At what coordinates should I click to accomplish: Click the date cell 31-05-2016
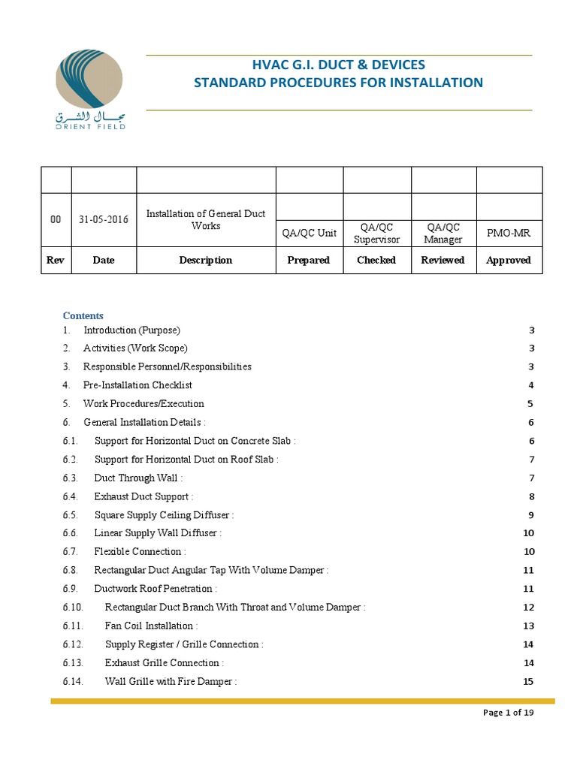pyautogui.click(x=104, y=219)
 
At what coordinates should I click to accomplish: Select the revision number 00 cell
pyautogui.click(x=56, y=219)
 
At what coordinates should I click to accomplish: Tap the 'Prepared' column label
pyautogui.click(x=309, y=260)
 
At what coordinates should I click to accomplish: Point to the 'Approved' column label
pyautogui.click(x=509, y=260)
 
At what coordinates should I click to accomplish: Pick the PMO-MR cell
pyautogui.click(x=509, y=233)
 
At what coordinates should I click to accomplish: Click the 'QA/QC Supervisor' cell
pyautogui.click(x=376, y=233)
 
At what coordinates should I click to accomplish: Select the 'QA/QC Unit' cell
pyautogui.click(x=309, y=233)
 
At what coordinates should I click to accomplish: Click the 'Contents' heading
pyautogui.click(x=83, y=315)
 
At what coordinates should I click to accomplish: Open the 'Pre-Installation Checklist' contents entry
pyautogui.click(x=137, y=385)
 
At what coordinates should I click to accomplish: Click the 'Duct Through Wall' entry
pyautogui.click(x=138, y=478)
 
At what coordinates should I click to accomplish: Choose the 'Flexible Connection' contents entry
pyautogui.click(x=140, y=551)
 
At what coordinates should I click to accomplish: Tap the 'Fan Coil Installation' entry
pyautogui.click(x=151, y=626)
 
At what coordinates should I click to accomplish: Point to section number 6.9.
pyautogui.click(x=71, y=588)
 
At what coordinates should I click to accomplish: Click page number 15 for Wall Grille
pyautogui.click(x=527, y=681)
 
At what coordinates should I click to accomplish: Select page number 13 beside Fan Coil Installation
pyautogui.click(x=527, y=626)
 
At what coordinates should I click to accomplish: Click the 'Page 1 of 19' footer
pyautogui.click(x=508, y=713)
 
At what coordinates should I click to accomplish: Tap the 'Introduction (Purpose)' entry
pyautogui.click(x=131, y=330)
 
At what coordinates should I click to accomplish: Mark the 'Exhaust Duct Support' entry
pyautogui.click(x=143, y=496)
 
